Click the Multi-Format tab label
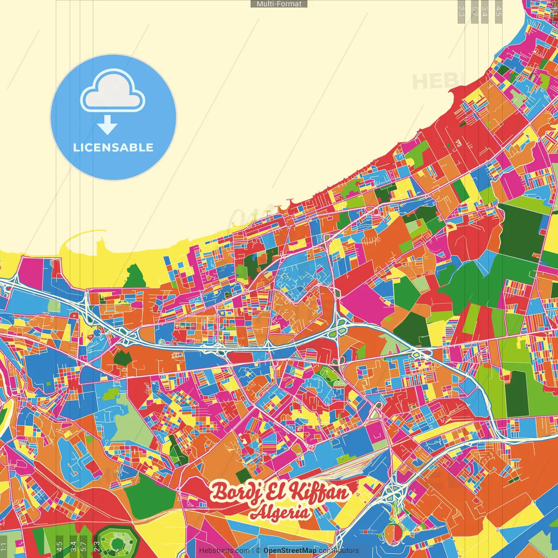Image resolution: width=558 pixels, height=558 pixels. click(279, 4)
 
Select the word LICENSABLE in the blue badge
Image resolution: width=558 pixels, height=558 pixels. click(113, 147)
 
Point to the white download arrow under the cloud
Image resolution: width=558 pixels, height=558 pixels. click(107, 125)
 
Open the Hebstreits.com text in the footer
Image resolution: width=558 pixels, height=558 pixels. click(224, 551)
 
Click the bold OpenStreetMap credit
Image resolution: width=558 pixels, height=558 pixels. click(289, 551)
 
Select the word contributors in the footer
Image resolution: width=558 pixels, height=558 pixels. click(338, 551)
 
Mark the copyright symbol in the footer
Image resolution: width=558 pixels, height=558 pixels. click(259, 551)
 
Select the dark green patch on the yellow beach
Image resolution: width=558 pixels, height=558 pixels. click(134, 277)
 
